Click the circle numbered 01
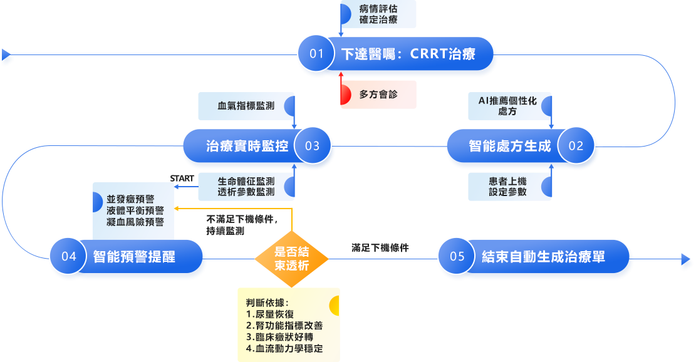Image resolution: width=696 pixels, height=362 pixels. (x=317, y=54)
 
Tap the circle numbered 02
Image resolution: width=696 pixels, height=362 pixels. (x=576, y=147)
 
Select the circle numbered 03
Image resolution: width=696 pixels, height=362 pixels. (x=312, y=147)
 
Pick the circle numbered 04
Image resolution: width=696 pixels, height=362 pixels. (x=69, y=257)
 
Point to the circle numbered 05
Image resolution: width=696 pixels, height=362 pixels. (x=457, y=257)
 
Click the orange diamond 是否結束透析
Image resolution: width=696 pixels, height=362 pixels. (x=292, y=258)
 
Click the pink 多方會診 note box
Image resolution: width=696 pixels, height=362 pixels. (x=378, y=95)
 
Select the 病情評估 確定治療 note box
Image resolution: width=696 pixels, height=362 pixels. (x=378, y=14)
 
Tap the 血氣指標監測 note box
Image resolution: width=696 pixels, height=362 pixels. (x=247, y=106)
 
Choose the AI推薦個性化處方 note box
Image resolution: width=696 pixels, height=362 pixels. (x=511, y=106)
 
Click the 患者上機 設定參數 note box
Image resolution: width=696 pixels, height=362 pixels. (x=511, y=186)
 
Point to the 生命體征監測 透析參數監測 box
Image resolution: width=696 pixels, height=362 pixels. (x=247, y=186)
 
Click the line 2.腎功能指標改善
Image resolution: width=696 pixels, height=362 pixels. (x=284, y=326)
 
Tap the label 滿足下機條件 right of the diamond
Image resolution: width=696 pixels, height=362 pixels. (x=380, y=247)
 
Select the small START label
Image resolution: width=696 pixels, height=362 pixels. (x=182, y=178)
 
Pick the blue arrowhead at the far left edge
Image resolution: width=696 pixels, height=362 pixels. (x=7, y=58)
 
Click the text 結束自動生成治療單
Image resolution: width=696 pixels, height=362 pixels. (x=544, y=257)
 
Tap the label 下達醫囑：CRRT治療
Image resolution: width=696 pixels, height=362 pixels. (x=408, y=54)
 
